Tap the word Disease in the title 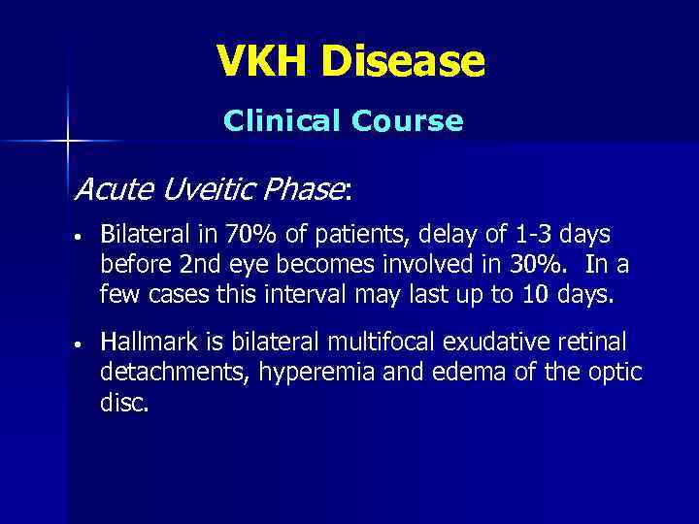[404, 61]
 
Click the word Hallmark [150, 343]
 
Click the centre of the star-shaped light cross [68, 142]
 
